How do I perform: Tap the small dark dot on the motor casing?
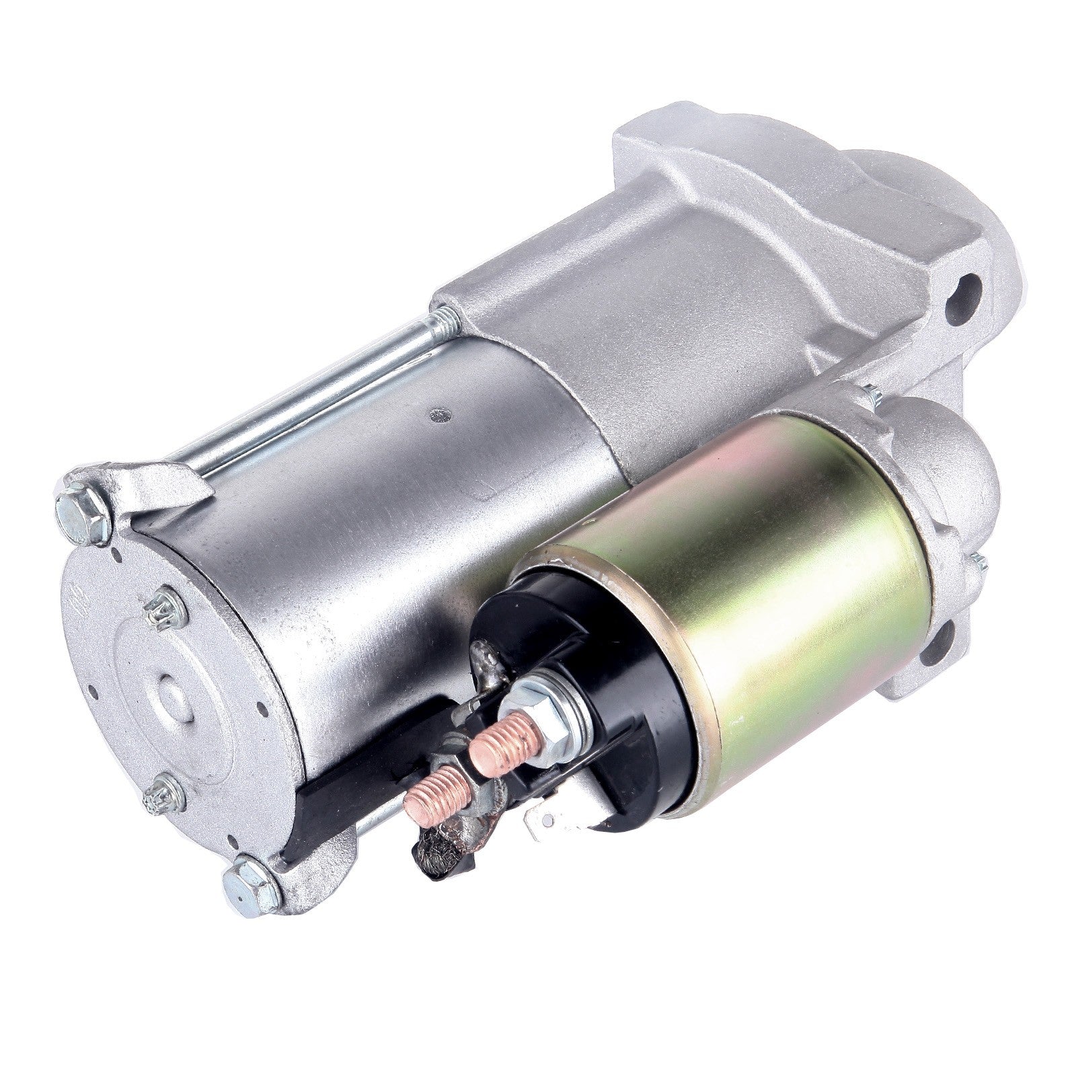(438, 414)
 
